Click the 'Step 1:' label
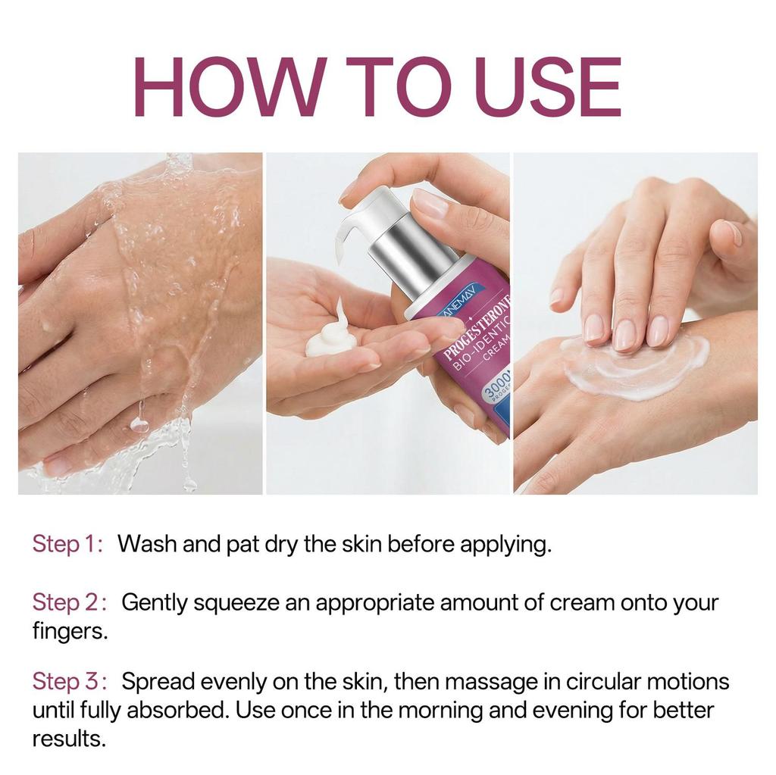tap(67, 544)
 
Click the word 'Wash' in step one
tap(148, 544)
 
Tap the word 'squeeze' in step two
tap(231, 604)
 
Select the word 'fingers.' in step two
tap(70, 632)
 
